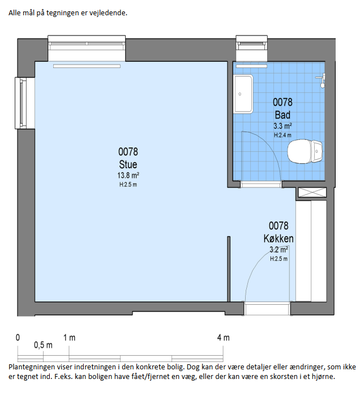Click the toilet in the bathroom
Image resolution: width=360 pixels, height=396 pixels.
[x=305, y=151]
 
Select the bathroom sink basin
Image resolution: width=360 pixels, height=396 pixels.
[x=243, y=94]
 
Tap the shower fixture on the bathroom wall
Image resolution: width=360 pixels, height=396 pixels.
[x=322, y=80]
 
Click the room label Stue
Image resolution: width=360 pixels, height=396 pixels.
[x=128, y=164]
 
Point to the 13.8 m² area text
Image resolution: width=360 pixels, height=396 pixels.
[x=128, y=175]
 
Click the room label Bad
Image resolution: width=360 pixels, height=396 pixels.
[x=282, y=115]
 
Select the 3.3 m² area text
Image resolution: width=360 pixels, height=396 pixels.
[x=282, y=126]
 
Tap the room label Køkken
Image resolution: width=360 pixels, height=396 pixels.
[x=278, y=239]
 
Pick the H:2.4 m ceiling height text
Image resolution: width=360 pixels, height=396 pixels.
[x=282, y=135]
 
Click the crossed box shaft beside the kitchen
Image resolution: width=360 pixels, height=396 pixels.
[x=312, y=193]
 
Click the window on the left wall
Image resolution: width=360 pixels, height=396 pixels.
[x=24, y=103]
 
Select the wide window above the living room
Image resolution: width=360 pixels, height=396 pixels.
[x=87, y=48]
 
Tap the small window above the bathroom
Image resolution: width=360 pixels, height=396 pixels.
[x=251, y=48]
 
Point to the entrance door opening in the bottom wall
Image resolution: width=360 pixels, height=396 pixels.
[x=267, y=308]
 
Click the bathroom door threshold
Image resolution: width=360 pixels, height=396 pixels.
[x=261, y=184]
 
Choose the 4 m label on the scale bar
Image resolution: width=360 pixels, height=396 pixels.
[x=224, y=338]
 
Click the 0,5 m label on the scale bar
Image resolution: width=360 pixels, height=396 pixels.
[x=43, y=345]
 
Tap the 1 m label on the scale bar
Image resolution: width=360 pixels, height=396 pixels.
[x=69, y=338]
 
